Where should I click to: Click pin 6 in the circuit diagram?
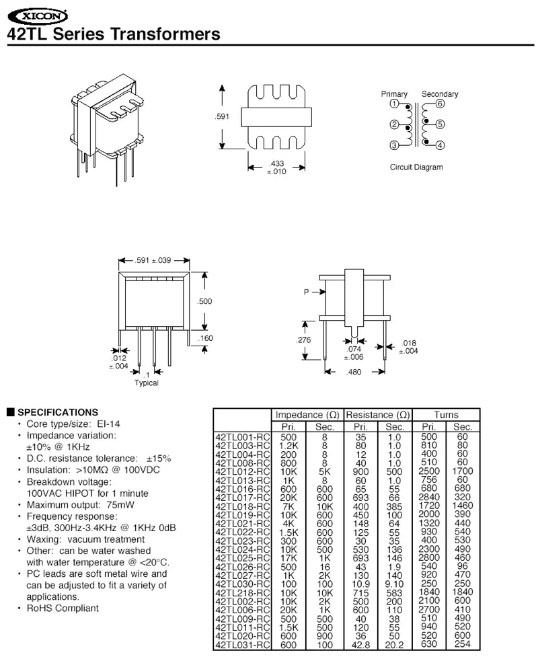tap(440, 104)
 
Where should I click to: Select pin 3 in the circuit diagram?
tap(394, 146)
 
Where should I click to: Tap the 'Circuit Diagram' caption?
tap(416, 167)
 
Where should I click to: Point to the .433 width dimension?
tap(276, 163)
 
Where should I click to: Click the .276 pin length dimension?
tap(303, 340)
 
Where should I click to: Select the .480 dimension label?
tap(354, 372)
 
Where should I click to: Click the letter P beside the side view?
tap(306, 292)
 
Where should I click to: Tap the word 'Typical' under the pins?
tap(147, 383)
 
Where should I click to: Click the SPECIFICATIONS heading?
tap(57, 412)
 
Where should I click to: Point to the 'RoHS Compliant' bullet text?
tap(63, 609)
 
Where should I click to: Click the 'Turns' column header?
tap(446, 415)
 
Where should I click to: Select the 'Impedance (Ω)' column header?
tap(307, 415)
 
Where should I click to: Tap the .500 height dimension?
tap(204, 301)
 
